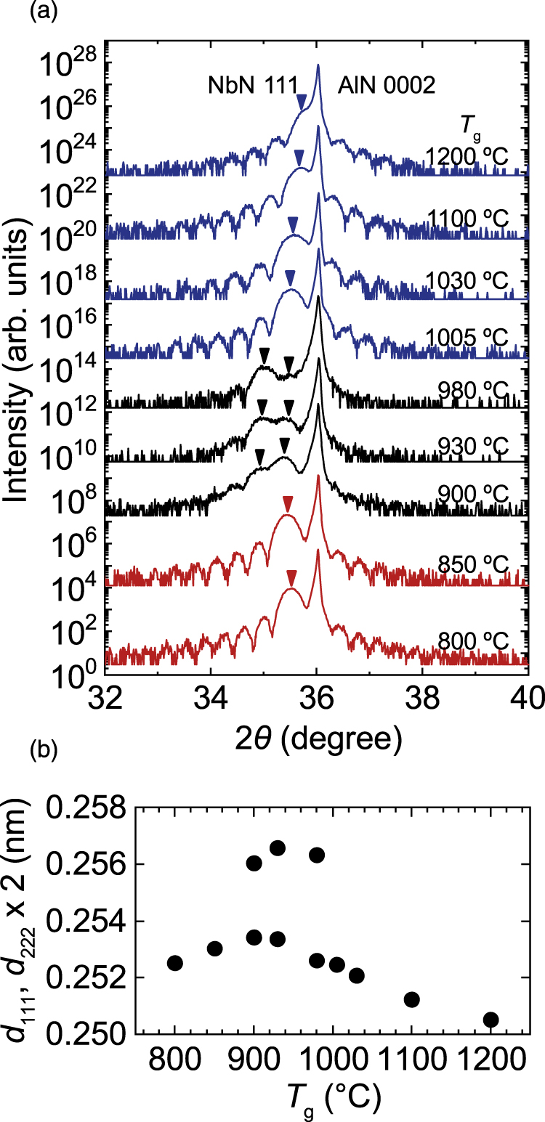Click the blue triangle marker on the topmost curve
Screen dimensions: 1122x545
tap(302, 106)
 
